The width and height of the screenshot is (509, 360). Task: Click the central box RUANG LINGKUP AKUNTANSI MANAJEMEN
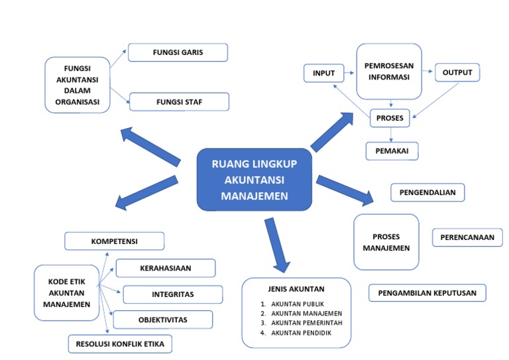pos(254,180)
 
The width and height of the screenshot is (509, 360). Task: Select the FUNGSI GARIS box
pos(178,52)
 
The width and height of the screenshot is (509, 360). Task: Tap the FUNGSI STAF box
pos(179,102)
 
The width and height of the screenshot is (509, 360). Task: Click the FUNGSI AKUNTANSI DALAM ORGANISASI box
pos(78,85)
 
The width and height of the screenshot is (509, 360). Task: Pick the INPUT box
pos(323,73)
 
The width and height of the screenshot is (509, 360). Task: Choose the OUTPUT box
pos(457,72)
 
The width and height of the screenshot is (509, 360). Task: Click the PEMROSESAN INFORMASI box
pos(389,71)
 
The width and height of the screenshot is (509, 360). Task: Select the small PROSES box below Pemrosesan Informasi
pos(390,118)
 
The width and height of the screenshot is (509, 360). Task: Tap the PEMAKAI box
pos(392,151)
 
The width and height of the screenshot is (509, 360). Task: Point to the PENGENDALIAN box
pos(427,193)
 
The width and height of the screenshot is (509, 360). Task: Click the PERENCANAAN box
pos(467,237)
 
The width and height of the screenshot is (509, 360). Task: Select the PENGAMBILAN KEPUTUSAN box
pos(427,293)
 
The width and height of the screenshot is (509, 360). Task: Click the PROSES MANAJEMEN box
pos(386,242)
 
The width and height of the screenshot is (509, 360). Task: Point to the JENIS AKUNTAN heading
pos(296,289)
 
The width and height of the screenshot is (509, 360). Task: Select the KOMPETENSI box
pos(114,241)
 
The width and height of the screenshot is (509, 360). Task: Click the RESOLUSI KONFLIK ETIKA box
pos(120,344)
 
